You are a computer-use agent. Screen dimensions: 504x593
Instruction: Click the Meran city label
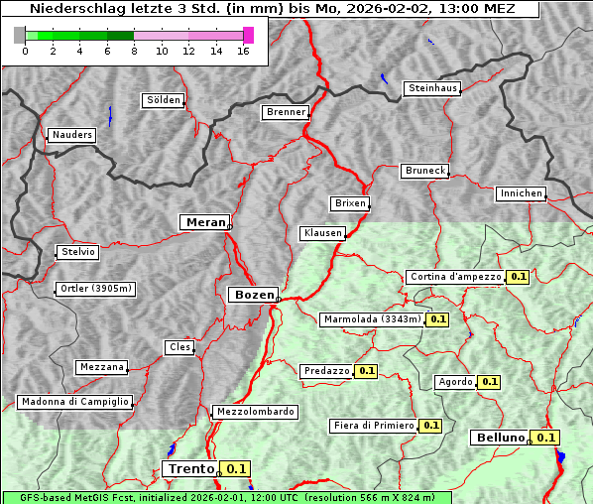pyautogui.click(x=206, y=222)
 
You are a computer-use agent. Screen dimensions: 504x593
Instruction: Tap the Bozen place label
pyautogui.click(x=253, y=295)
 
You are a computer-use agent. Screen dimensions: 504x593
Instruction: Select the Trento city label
pyautogui.click(x=190, y=468)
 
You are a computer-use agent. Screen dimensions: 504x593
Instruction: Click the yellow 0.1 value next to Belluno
pyautogui.click(x=544, y=438)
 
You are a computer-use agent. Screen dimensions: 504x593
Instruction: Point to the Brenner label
pyautogui.click(x=286, y=112)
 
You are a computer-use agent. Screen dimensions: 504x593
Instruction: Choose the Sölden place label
pyautogui.click(x=164, y=100)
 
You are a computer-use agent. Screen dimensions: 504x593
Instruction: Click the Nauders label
pyautogui.click(x=71, y=135)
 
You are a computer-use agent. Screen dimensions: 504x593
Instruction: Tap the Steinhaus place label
pyautogui.click(x=432, y=88)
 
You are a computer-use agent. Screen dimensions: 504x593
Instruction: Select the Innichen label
pyautogui.click(x=521, y=193)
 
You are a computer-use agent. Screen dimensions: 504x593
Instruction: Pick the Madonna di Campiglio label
pyautogui.click(x=74, y=402)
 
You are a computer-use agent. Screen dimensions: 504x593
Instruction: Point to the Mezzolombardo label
pyautogui.click(x=254, y=412)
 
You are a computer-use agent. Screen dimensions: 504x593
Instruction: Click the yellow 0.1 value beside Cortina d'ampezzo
pyautogui.click(x=518, y=277)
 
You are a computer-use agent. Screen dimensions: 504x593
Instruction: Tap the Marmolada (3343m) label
pyautogui.click(x=372, y=319)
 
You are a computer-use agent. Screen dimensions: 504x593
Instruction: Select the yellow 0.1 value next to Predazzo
pyautogui.click(x=366, y=371)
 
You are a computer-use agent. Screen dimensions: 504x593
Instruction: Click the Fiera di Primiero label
pyautogui.click(x=374, y=426)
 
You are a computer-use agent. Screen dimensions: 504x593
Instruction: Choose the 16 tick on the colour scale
pyautogui.click(x=243, y=50)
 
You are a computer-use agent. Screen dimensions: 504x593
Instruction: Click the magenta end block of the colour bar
pyautogui.click(x=248, y=35)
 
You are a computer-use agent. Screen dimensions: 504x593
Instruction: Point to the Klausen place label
pyautogui.click(x=321, y=234)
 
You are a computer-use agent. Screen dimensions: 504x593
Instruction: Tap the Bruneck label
pyautogui.click(x=425, y=171)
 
